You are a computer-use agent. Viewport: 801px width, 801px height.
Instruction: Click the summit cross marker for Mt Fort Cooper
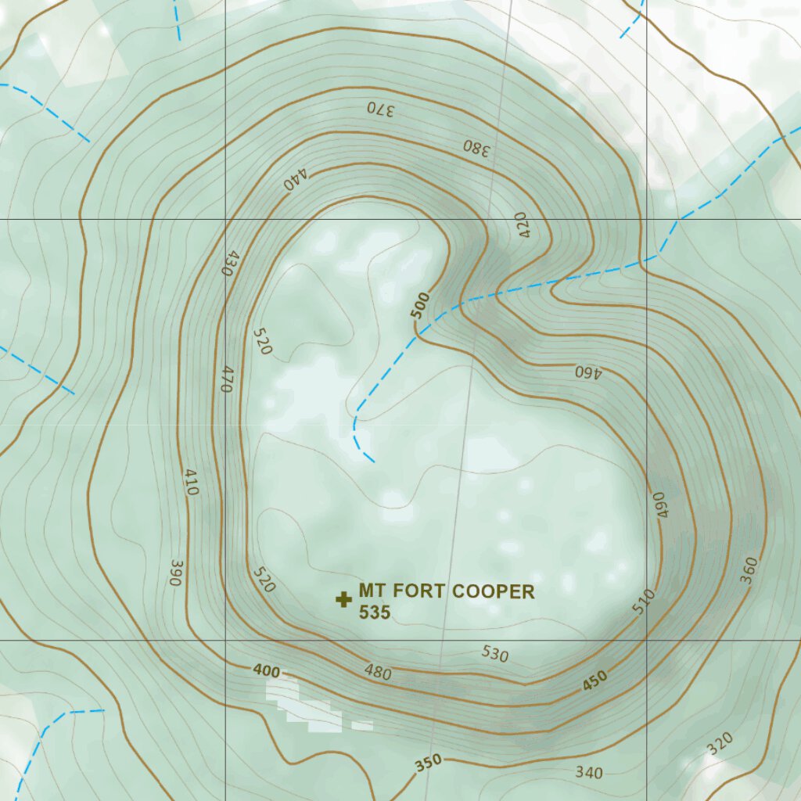343,600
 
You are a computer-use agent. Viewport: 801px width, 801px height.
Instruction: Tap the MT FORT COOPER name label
446,591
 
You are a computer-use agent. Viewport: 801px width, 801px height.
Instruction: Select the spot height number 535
374,612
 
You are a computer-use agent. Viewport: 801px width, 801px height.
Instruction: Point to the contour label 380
476,147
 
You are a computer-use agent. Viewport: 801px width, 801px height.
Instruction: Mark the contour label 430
227,262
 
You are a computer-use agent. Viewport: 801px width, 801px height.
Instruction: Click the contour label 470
228,379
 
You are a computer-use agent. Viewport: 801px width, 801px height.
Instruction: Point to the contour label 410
192,482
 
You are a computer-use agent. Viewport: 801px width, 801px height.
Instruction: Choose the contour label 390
174,573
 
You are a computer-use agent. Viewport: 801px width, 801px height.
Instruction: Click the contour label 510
643,602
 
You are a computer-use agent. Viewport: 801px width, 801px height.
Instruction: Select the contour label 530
494,654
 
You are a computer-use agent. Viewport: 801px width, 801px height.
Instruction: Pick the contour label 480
378,671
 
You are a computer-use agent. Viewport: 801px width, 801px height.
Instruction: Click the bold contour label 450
594,682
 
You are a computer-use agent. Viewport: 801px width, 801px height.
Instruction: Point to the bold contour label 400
266,670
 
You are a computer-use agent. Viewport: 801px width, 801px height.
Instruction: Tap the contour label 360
749,569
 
